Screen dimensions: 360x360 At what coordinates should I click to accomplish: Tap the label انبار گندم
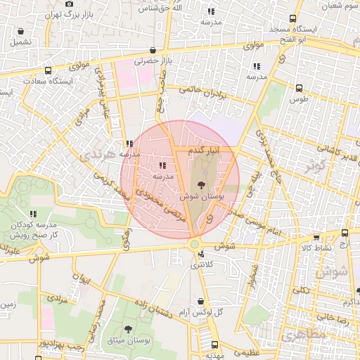[206, 150]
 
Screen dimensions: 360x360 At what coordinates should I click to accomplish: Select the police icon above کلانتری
[201, 255]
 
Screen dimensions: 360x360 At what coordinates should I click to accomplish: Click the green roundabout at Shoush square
[194, 244]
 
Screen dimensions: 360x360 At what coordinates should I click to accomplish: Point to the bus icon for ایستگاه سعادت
[48, 71]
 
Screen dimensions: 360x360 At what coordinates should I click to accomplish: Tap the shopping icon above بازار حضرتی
[153, 50]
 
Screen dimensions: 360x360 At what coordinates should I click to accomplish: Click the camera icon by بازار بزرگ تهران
[69, 4]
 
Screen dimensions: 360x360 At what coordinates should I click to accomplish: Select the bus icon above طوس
[300, 89]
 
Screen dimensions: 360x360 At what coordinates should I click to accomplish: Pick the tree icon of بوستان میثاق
[128, 329]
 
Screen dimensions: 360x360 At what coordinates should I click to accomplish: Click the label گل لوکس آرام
[200, 311]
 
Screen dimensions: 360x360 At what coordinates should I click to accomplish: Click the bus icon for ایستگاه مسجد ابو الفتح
[292, 20]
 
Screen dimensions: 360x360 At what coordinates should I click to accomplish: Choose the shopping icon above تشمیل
[21, 32]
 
